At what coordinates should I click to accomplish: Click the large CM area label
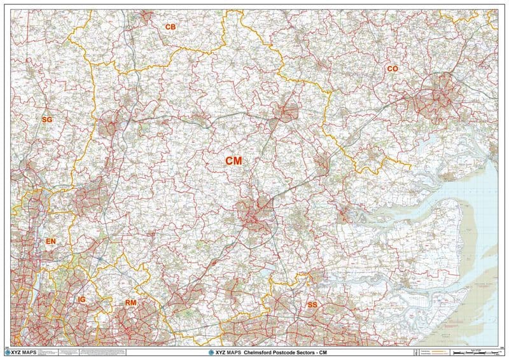(x=234, y=162)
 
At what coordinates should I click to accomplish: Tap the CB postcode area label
(x=170, y=27)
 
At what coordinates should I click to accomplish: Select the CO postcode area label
(x=392, y=68)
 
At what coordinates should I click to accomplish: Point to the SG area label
(x=47, y=120)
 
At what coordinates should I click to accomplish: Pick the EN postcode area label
(x=51, y=242)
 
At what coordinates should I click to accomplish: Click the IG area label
(x=81, y=299)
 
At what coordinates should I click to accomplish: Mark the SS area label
(x=312, y=305)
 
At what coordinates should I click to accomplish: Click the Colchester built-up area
(x=436, y=92)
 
